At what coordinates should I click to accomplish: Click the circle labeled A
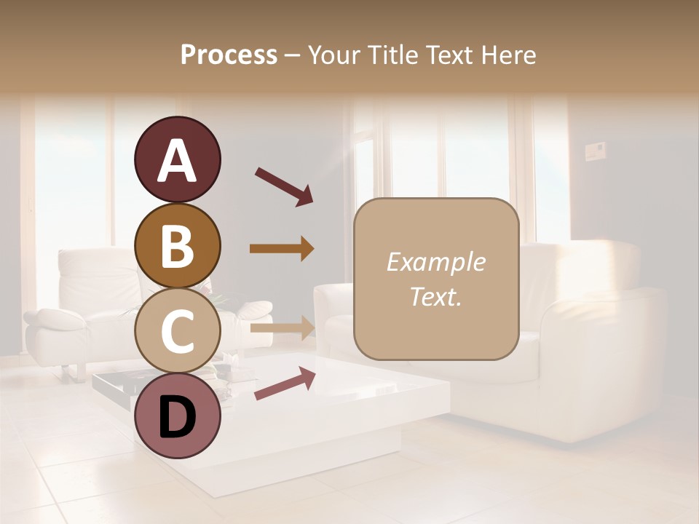177,159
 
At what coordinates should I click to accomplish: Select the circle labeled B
177,245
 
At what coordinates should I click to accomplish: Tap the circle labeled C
177,331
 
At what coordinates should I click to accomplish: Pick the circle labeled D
177,416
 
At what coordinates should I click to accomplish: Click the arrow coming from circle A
283,186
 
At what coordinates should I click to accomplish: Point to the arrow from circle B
282,249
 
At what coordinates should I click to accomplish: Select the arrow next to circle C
282,327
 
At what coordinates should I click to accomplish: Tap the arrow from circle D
284,384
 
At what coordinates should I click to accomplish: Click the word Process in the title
229,55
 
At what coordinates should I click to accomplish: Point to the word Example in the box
435,262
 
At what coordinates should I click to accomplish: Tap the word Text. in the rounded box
435,296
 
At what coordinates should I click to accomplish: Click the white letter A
177,161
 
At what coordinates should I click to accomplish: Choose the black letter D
177,417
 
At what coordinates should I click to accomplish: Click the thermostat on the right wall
596,151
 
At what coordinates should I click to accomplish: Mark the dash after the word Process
292,56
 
